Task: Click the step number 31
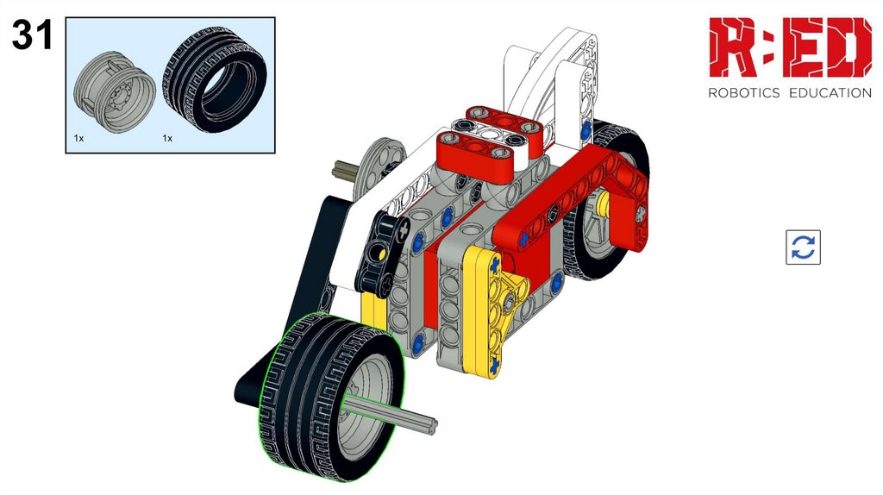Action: [x=32, y=34]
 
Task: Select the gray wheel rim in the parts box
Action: [x=115, y=93]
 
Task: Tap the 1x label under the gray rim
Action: [x=78, y=138]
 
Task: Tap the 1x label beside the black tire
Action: [x=167, y=138]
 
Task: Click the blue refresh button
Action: [x=803, y=247]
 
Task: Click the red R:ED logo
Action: [x=790, y=47]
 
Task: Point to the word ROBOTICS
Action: [x=743, y=93]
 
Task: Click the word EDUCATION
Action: [x=830, y=93]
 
